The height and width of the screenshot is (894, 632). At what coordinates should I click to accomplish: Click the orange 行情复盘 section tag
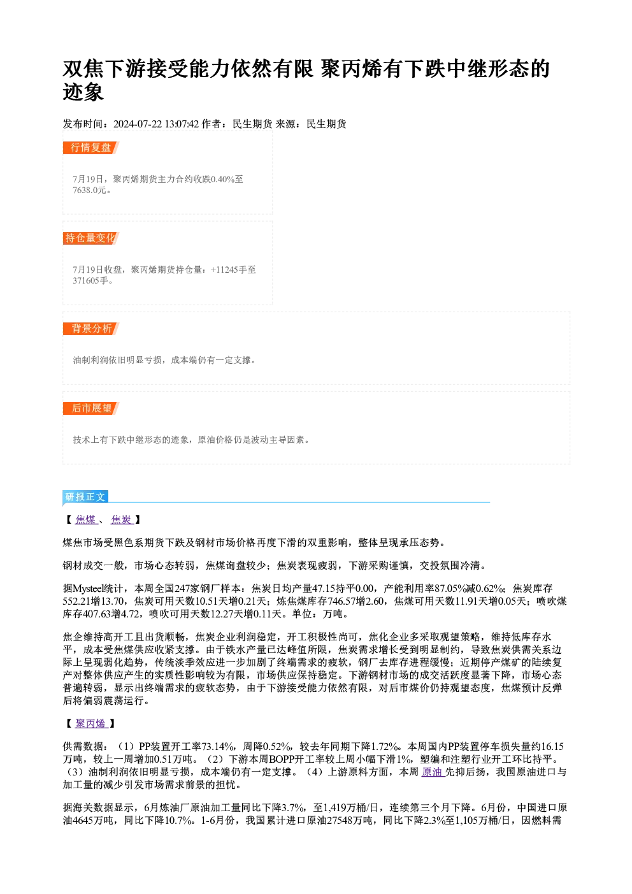pyautogui.click(x=90, y=148)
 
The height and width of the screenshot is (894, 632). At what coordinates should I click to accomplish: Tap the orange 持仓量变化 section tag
pyautogui.click(x=90, y=238)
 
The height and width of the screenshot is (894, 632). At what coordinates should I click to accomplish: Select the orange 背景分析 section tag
pyautogui.click(x=90, y=329)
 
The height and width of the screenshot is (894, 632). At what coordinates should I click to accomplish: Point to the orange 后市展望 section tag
pyautogui.click(x=90, y=408)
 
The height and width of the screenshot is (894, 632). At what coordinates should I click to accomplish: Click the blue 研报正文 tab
pyautogui.click(x=85, y=496)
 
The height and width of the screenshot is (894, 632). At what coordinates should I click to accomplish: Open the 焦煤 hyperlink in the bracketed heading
pyautogui.click(x=86, y=519)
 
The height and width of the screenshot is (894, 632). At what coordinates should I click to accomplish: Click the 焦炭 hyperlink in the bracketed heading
pyautogui.click(x=121, y=519)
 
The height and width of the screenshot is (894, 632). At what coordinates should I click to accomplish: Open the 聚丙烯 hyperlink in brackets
pyautogui.click(x=91, y=724)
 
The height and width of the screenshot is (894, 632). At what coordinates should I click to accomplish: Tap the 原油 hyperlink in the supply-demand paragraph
pyautogui.click(x=433, y=772)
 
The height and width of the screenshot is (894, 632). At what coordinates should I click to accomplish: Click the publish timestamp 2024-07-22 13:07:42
pyautogui.click(x=156, y=124)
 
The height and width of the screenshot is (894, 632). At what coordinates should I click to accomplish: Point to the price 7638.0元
pyautogui.click(x=90, y=191)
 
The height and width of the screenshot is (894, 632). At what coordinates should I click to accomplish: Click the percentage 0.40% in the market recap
pyautogui.click(x=222, y=180)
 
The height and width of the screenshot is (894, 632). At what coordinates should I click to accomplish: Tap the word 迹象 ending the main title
pyautogui.click(x=83, y=92)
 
